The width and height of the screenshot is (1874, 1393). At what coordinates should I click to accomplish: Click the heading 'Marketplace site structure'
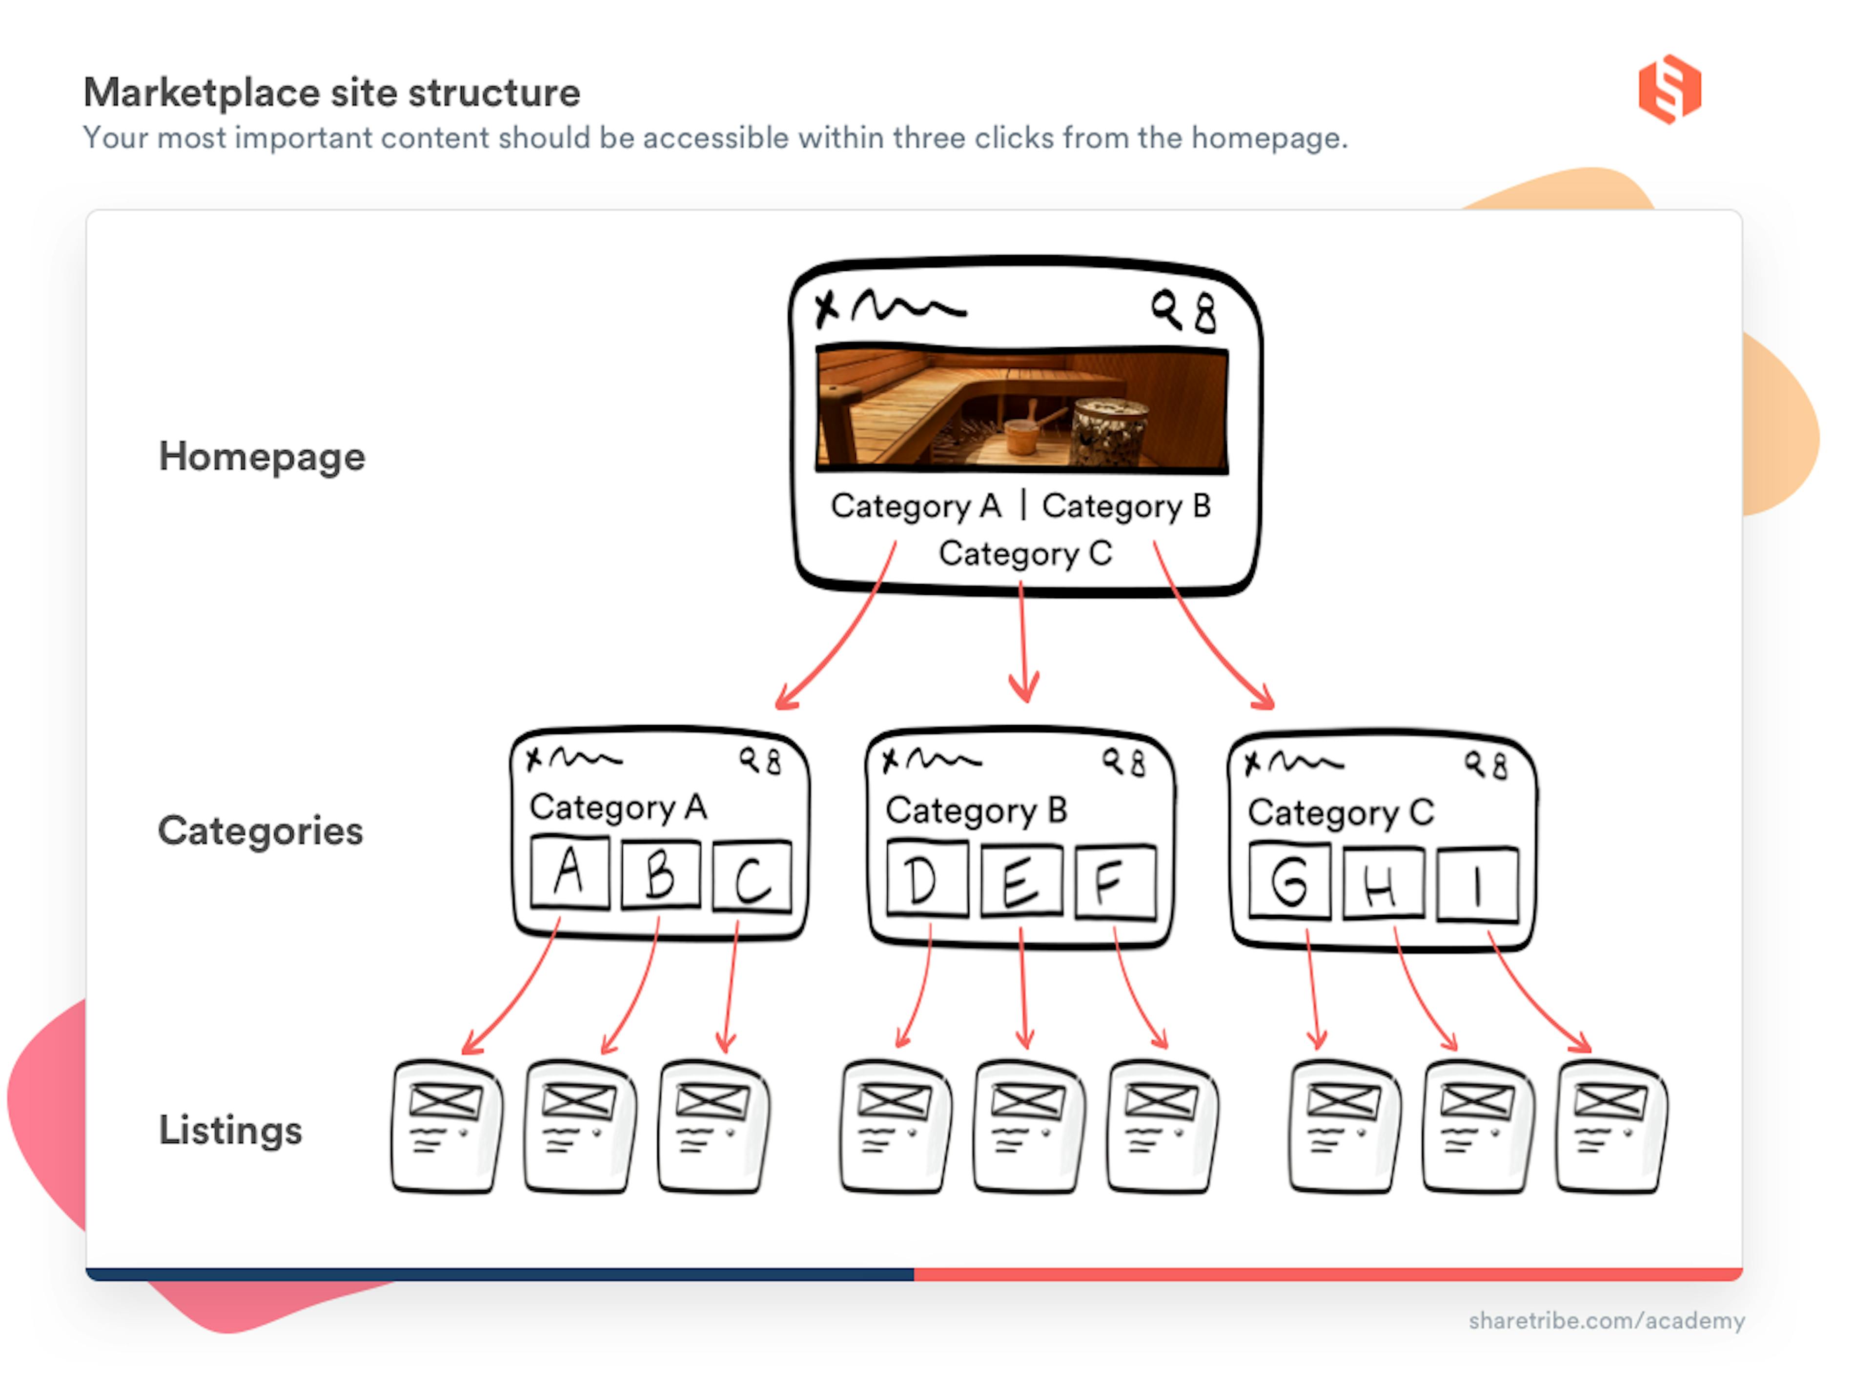coord(331,92)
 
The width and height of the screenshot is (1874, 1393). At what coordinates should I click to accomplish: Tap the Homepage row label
coord(262,456)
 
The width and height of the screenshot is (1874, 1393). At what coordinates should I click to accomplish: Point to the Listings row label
coord(230,1130)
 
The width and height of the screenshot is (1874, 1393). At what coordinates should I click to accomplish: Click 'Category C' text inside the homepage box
coord(1025,553)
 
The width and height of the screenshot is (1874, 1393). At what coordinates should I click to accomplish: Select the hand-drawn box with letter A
coord(570,872)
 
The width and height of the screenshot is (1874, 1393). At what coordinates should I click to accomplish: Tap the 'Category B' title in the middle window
coord(976,810)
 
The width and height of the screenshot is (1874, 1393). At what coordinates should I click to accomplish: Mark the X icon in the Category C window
coord(1252,763)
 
